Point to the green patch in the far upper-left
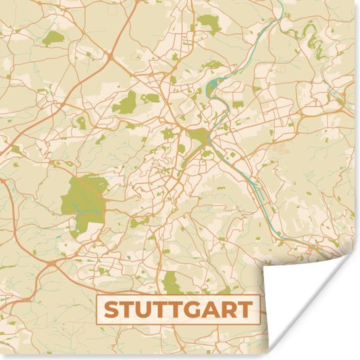click(54, 37)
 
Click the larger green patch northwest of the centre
click(126, 102)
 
